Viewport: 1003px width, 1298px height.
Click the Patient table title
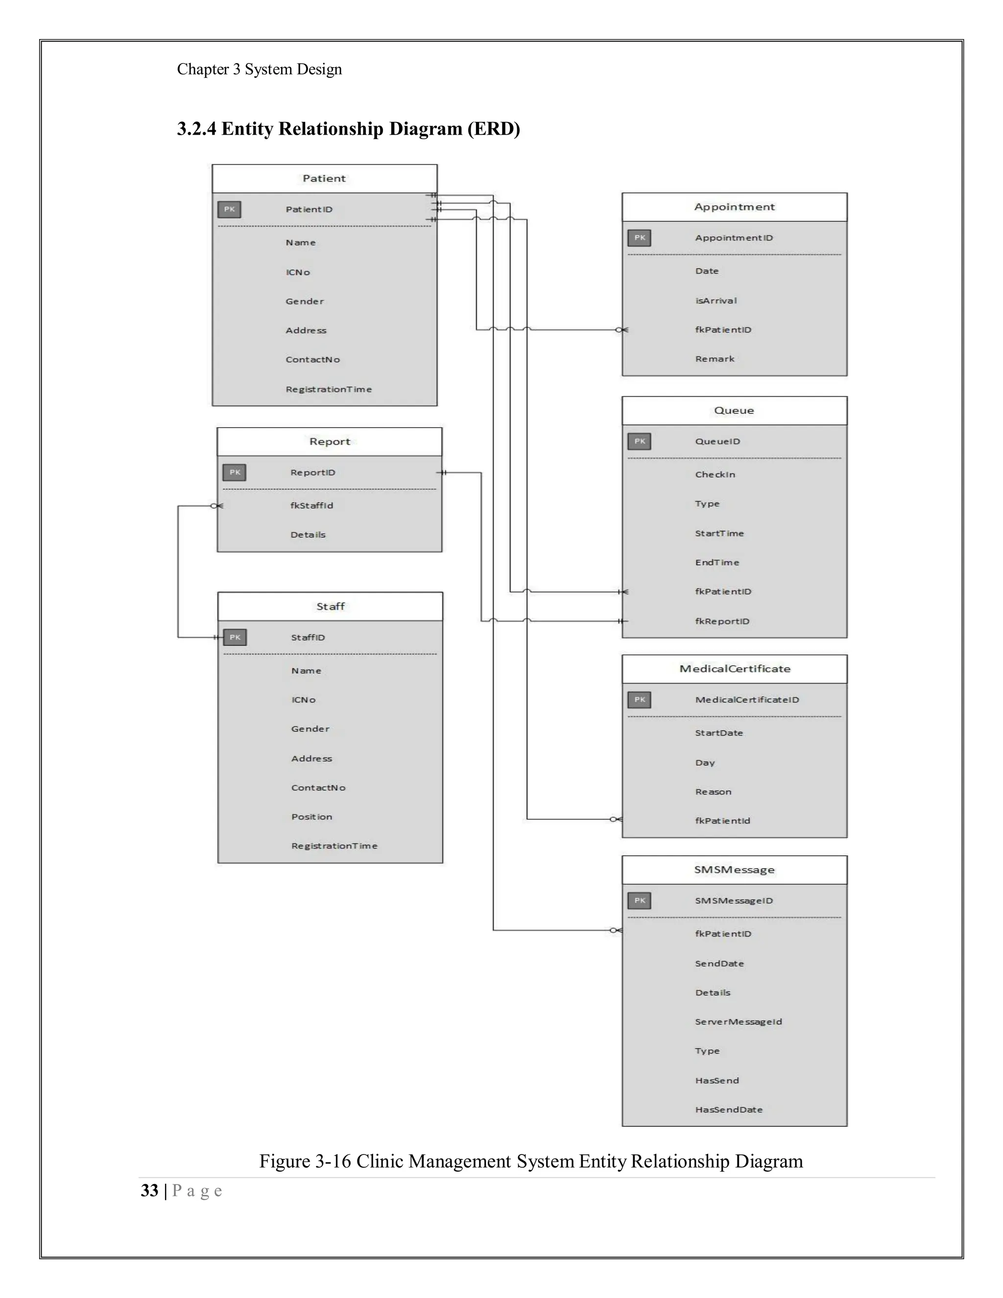[x=324, y=178]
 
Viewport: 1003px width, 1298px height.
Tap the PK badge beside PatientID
[x=229, y=209]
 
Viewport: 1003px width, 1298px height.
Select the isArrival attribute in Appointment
[x=716, y=301]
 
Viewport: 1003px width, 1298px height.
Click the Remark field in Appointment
[x=715, y=359]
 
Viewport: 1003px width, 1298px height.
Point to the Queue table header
[x=734, y=410]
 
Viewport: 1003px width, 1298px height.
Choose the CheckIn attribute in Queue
[x=715, y=474]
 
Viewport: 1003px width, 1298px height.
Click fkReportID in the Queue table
[x=722, y=621]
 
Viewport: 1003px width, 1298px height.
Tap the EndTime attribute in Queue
[x=717, y=562]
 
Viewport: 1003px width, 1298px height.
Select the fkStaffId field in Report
[x=311, y=505]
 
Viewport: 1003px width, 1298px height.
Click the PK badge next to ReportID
[x=235, y=473]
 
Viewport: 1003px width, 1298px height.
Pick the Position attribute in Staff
[x=311, y=817]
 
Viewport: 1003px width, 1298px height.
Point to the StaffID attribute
[x=308, y=637]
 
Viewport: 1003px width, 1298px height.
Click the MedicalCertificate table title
[x=735, y=669]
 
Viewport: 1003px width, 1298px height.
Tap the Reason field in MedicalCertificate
[x=713, y=792]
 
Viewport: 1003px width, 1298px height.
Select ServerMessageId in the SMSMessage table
[x=738, y=1022]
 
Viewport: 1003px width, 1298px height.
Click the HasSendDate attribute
[x=728, y=1109]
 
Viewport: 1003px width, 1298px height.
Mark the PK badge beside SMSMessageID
[x=639, y=900]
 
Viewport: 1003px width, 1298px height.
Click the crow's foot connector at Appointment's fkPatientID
[x=621, y=330]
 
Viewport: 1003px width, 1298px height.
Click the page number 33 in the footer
[x=149, y=1190]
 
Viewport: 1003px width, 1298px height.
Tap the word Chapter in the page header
[x=202, y=70]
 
